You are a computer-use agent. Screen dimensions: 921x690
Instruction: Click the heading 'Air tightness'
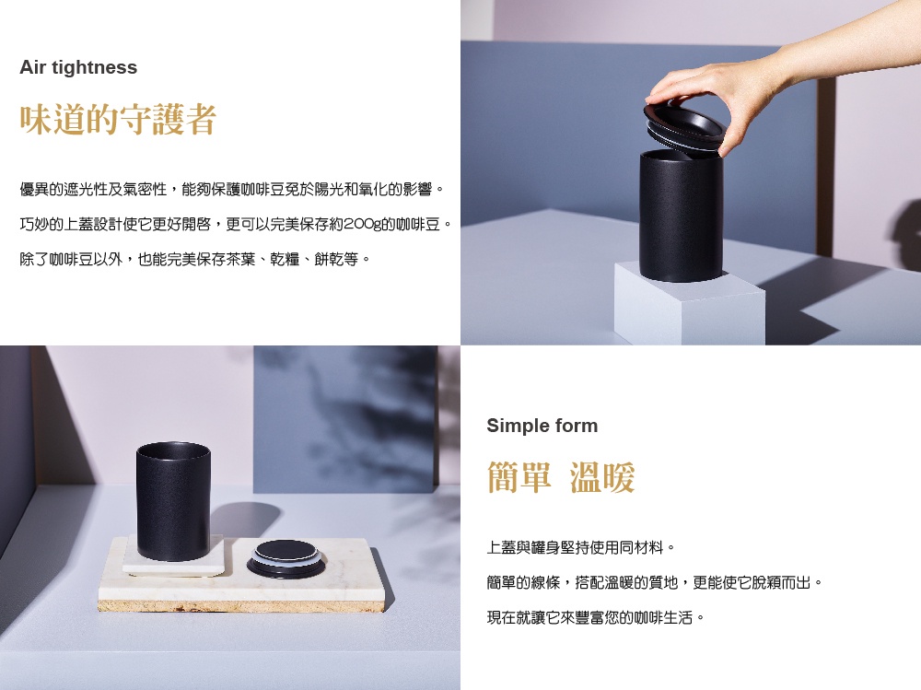pyautogui.click(x=78, y=67)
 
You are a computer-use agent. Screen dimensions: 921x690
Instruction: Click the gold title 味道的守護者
pyautogui.click(x=118, y=120)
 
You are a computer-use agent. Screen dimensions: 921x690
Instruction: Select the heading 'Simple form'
pyautogui.click(x=542, y=426)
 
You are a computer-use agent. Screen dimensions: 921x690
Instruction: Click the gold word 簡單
pyautogui.click(x=519, y=476)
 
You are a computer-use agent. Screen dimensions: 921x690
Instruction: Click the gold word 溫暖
pyautogui.click(x=602, y=476)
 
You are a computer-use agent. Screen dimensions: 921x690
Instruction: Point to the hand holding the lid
pyautogui.click(x=764, y=82)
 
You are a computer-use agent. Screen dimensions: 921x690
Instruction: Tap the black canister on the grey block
pyautogui.click(x=681, y=216)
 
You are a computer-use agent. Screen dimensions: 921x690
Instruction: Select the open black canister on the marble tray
pyautogui.click(x=173, y=502)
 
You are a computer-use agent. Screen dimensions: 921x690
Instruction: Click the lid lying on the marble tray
pyautogui.click(x=285, y=559)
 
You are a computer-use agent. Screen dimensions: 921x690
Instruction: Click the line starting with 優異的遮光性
pyautogui.click(x=233, y=189)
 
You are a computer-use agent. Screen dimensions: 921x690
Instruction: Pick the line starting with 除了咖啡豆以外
pyautogui.click(x=195, y=259)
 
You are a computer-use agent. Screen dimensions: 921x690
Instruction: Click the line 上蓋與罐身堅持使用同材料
pyautogui.click(x=581, y=548)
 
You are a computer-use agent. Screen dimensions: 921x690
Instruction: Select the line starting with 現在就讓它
pyautogui.click(x=596, y=617)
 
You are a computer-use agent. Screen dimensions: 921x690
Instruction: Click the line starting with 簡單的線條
pyautogui.click(x=655, y=582)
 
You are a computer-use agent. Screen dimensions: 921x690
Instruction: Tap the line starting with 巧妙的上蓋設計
pyautogui.click(x=236, y=224)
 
